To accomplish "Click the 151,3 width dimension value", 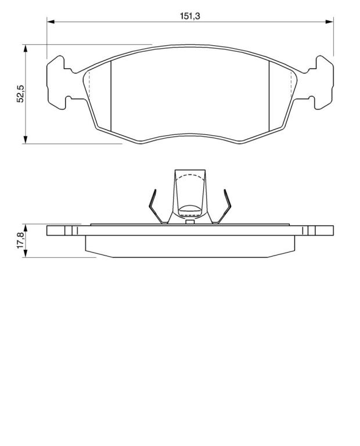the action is (190, 16).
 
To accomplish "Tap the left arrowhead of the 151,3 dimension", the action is (51, 21).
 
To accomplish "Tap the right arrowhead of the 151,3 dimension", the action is (329, 21).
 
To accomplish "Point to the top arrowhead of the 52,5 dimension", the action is (26, 48).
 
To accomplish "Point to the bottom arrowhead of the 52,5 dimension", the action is (26, 139).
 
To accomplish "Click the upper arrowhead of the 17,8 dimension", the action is (26, 228).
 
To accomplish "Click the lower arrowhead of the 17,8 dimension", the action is (26, 254).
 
